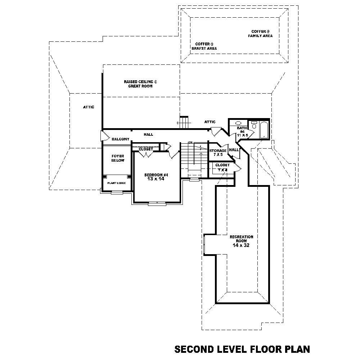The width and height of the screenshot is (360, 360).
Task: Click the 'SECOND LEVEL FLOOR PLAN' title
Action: [242, 349]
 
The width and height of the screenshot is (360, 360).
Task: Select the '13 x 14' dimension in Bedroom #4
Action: [156, 179]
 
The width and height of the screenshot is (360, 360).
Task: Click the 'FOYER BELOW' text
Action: [118, 158]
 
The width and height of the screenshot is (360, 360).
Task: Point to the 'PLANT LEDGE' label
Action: [116, 183]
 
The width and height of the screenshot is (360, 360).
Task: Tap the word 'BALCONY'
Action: [120, 139]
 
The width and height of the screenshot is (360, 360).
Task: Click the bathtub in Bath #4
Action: [264, 130]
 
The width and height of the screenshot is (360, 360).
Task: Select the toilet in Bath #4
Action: [254, 125]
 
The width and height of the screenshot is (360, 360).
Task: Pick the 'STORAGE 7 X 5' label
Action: [218, 152]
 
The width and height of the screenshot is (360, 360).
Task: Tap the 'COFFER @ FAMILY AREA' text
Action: [260, 34]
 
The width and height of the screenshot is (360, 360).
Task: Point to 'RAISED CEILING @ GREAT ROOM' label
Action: [140, 84]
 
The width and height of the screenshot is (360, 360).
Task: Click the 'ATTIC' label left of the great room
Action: [89, 107]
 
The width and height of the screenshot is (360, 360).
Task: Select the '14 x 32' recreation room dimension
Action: [241, 246]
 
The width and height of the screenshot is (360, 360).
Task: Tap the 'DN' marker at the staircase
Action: [190, 143]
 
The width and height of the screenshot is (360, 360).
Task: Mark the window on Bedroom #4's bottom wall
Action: [157, 203]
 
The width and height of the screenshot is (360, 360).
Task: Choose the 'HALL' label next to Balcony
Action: [148, 134]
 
